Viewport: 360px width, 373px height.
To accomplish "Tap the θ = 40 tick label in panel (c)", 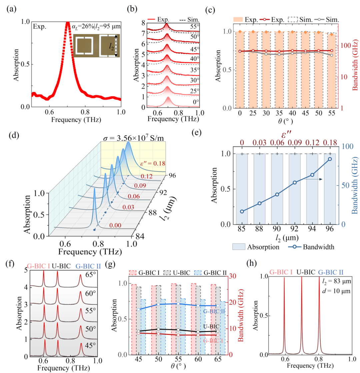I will (292, 113).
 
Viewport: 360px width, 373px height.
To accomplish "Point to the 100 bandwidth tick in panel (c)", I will (345, 46).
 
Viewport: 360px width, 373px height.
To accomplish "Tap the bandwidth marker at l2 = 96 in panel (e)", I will (330, 159).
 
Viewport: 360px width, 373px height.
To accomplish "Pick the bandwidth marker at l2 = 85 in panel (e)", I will (242, 211).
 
